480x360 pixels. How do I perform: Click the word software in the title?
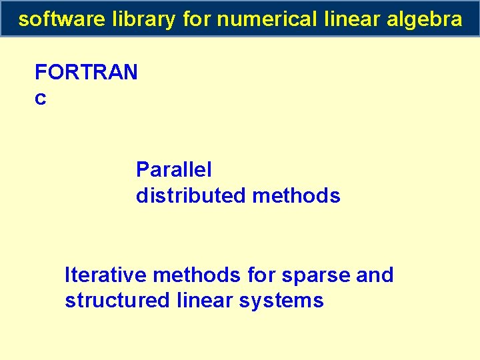click(61, 19)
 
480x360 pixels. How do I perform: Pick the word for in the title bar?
click(196, 19)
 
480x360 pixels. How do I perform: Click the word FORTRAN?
click(86, 72)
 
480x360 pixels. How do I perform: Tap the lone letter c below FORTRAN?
click(40, 99)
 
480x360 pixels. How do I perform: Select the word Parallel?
click(174, 170)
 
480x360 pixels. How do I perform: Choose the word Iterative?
click(106, 275)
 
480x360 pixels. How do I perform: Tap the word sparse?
click(307, 275)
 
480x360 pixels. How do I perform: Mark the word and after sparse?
click(375, 275)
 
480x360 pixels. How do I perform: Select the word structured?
click(117, 301)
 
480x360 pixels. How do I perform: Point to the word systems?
click(283, 301)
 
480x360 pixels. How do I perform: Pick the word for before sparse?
click(259, 275)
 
